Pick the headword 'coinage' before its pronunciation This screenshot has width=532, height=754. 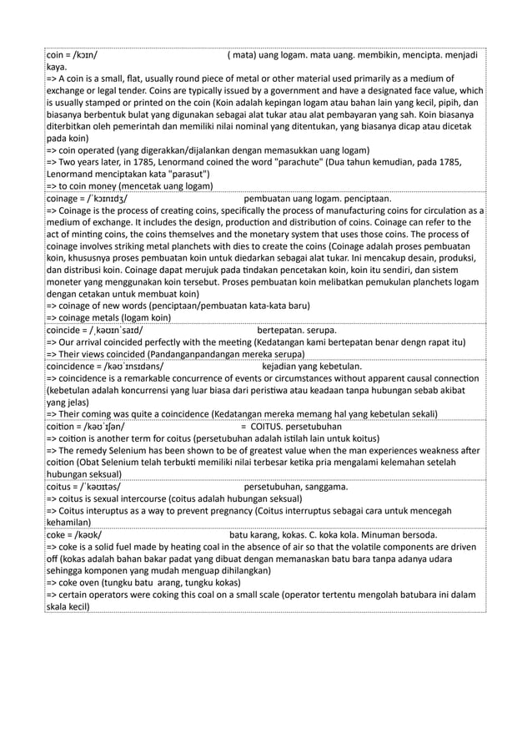click(63, 198)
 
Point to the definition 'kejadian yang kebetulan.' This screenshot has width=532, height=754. click(312, 365)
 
